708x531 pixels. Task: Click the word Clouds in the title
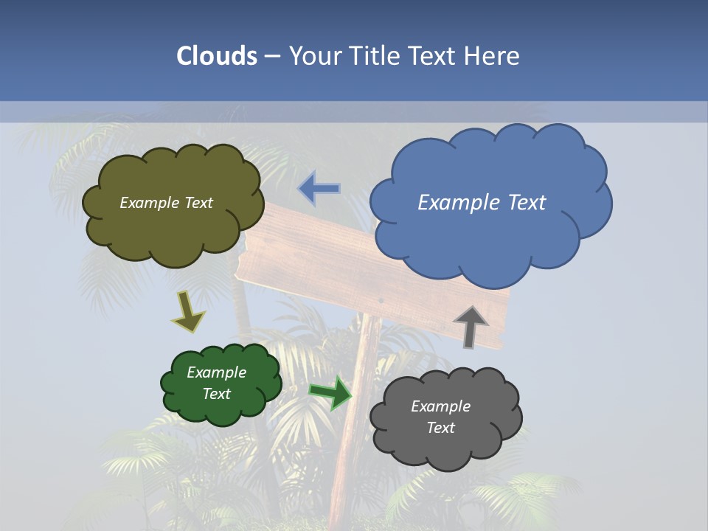(x=217, y=56)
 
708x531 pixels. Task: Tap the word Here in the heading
(x=492, y=56)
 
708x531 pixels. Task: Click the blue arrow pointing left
(x=319, y=189)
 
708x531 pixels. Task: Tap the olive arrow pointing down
(x=188, y=310)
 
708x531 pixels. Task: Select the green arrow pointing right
(x=330, y=392)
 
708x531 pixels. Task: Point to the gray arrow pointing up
(x=471, y=326)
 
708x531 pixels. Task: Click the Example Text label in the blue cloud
(x=482, y=203)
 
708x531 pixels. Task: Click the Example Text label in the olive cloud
(x=166, y=203)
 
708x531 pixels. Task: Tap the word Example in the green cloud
(x=216, y=372)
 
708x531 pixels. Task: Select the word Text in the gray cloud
(x=440, y=428)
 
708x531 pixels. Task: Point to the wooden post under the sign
(x=354, y=413)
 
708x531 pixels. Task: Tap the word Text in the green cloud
(x=216, y=394)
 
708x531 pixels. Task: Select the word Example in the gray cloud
(x=440, y=406)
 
